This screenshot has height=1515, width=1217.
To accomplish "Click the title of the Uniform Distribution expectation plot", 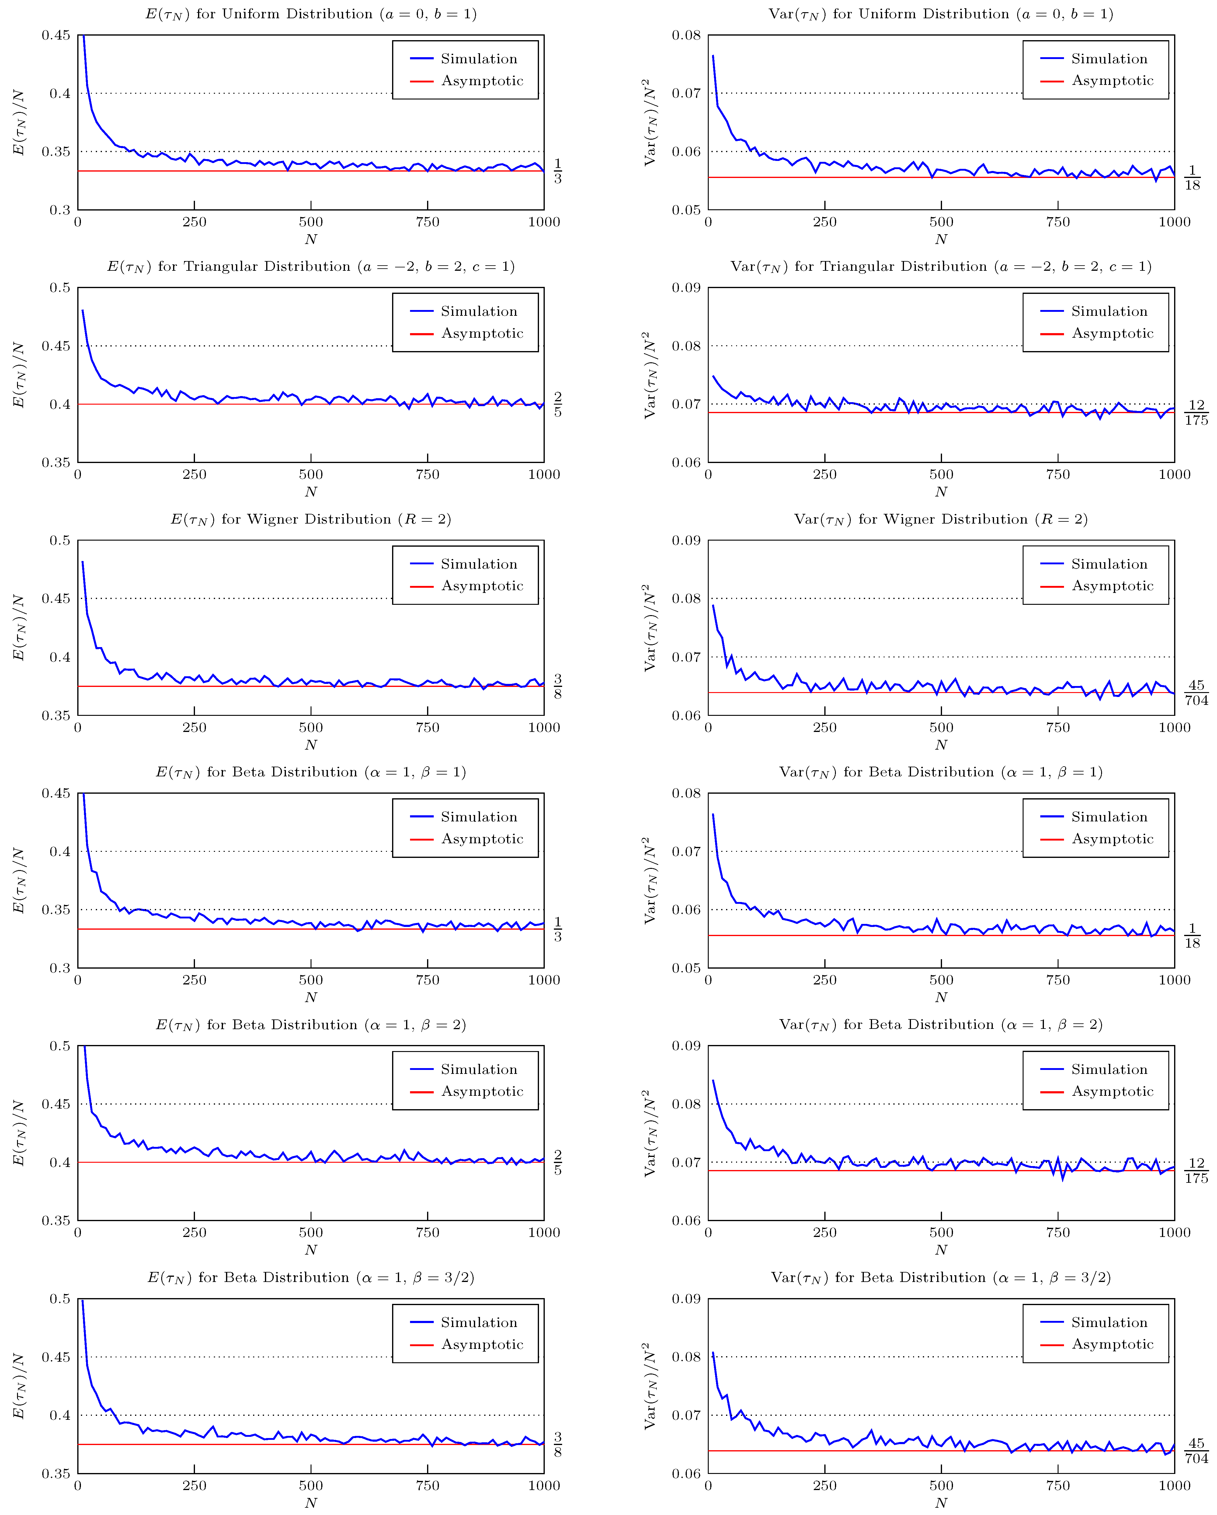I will [311, 14].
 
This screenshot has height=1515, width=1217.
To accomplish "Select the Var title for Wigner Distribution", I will [941, 519].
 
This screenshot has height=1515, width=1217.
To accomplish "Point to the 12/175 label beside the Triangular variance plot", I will [1196, 413].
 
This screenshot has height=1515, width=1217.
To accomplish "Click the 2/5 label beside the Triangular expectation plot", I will [558, 405].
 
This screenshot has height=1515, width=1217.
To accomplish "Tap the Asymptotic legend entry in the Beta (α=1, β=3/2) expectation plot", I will [482, 1344].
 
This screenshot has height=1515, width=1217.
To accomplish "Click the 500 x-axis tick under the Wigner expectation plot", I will [311, 727].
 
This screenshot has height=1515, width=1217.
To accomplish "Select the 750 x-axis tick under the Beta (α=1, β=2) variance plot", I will [1058, 1232].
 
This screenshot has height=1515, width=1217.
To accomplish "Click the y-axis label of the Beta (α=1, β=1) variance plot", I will [651, 880].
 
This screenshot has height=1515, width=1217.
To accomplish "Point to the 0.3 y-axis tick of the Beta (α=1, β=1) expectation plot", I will [60, 968].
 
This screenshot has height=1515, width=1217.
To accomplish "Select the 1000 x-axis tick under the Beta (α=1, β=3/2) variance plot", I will [1174, 1485].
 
